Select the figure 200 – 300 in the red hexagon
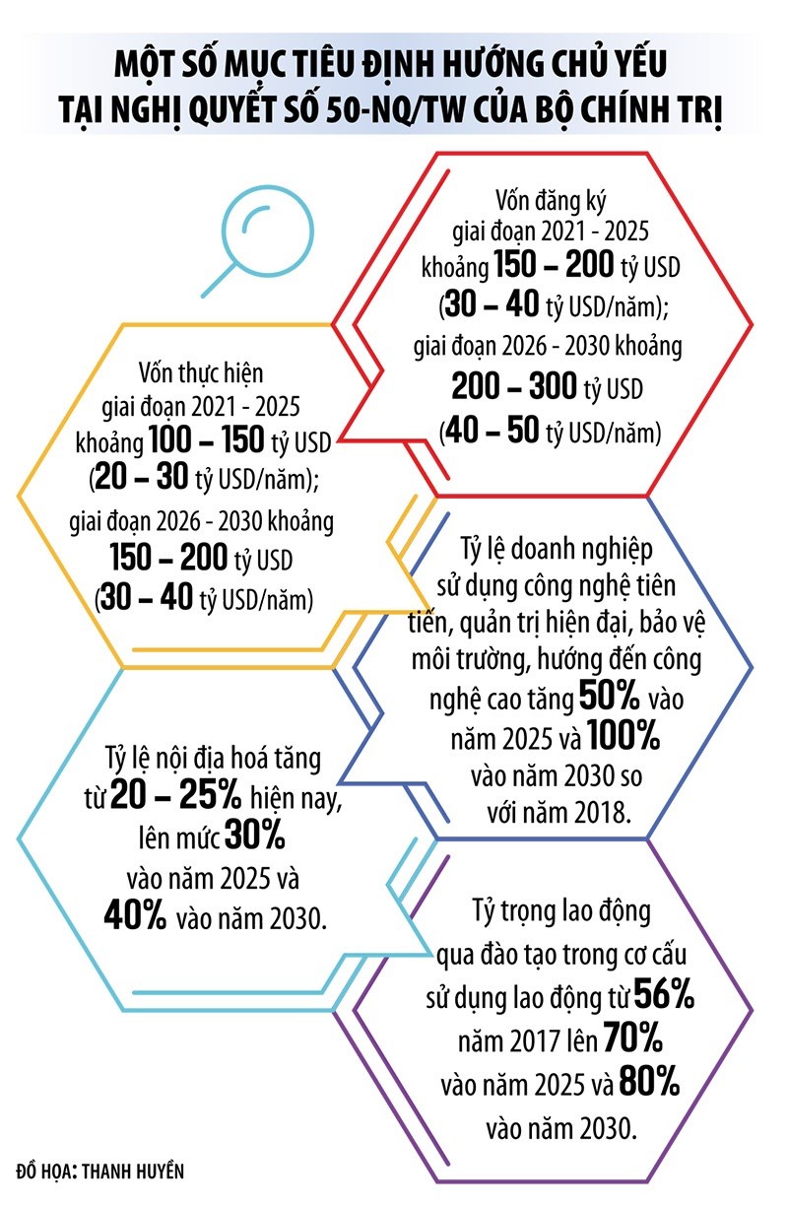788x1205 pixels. [513, 388]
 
